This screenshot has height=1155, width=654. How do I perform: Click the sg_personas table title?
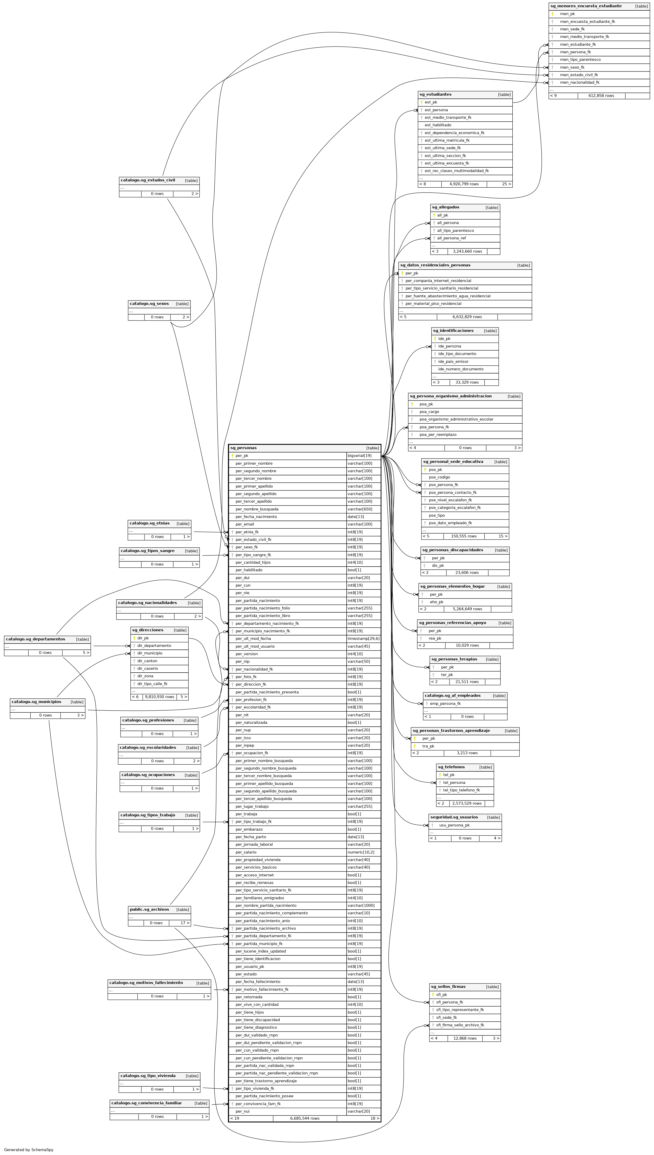pyautogui.click(x=243, y=448)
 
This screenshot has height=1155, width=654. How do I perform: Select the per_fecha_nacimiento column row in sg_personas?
pyautogui.click(x=256, y=517)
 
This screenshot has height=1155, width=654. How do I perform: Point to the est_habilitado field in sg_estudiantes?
pyautogui.click(x=438, y=125)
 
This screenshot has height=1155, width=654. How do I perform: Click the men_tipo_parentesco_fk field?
pyautogui.click(x=580, y=59)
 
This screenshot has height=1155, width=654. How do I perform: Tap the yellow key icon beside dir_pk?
pyautogui.click(x=134, y=638)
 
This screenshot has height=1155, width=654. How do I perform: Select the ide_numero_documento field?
pyautogui.click(x=461, y=369)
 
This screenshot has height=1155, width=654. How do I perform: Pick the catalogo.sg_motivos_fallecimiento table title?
pyautogui.click(x=146, y=982)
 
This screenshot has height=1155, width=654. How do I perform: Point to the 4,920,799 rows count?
pyautogui.click(x=464, y=184)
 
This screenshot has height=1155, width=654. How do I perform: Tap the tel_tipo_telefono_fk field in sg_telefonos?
pyautogui.click(x=461, y=790)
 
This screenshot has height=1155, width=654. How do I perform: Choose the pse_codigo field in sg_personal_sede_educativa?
pyautogui.click(x=439, y=477)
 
